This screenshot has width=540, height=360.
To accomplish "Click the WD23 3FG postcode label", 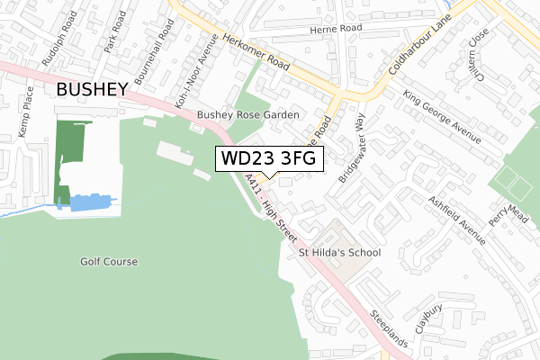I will click(267, 159).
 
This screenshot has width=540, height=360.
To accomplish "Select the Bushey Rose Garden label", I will click(247, 115).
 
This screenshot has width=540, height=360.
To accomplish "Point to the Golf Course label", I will click(107, 262).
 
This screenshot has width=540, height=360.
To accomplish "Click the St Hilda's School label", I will click(339, 253).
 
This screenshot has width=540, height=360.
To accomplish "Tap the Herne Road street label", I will click(334, 29).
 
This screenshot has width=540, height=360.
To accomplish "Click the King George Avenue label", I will click(440, 116).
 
